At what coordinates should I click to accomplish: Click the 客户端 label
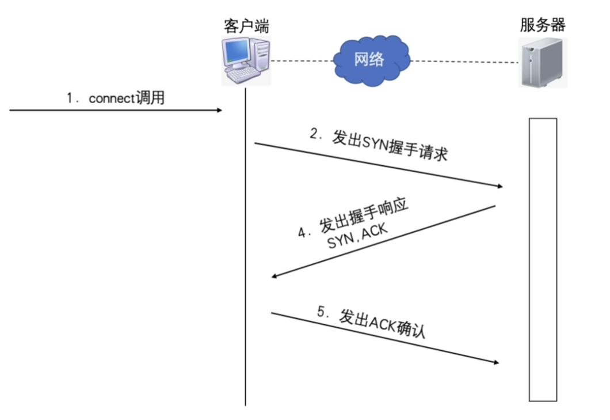(246, 27)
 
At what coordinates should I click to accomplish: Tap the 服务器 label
(543, 25)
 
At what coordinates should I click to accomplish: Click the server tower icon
(543, 62)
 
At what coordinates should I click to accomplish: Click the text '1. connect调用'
(115, 98)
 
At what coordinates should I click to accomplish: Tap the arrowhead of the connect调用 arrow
(219, 109)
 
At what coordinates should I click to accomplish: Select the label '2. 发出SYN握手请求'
(378, 146)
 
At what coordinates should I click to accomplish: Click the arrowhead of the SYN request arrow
(500, 186)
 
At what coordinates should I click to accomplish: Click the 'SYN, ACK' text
(357, 237)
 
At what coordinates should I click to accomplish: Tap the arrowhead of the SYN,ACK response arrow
(275, 277)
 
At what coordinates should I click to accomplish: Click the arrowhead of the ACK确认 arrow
(495, 362)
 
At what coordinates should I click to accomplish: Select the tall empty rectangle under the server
(543, 259)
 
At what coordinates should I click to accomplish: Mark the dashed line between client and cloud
(302, 60)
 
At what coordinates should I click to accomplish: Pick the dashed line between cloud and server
(463, 60)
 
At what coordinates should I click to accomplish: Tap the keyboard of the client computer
(241, 75)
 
